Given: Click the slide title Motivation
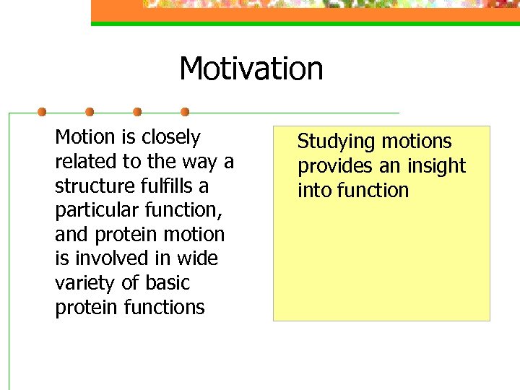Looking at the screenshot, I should tap(251, 69).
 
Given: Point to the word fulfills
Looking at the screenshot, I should tap(162, 186).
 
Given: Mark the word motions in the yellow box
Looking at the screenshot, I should tap(417, 142).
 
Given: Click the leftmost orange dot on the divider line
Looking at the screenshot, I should tap(42, 112).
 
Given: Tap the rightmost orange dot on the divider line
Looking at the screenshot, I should tap(185, 112).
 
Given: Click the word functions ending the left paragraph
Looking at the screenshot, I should tap(165, 308).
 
